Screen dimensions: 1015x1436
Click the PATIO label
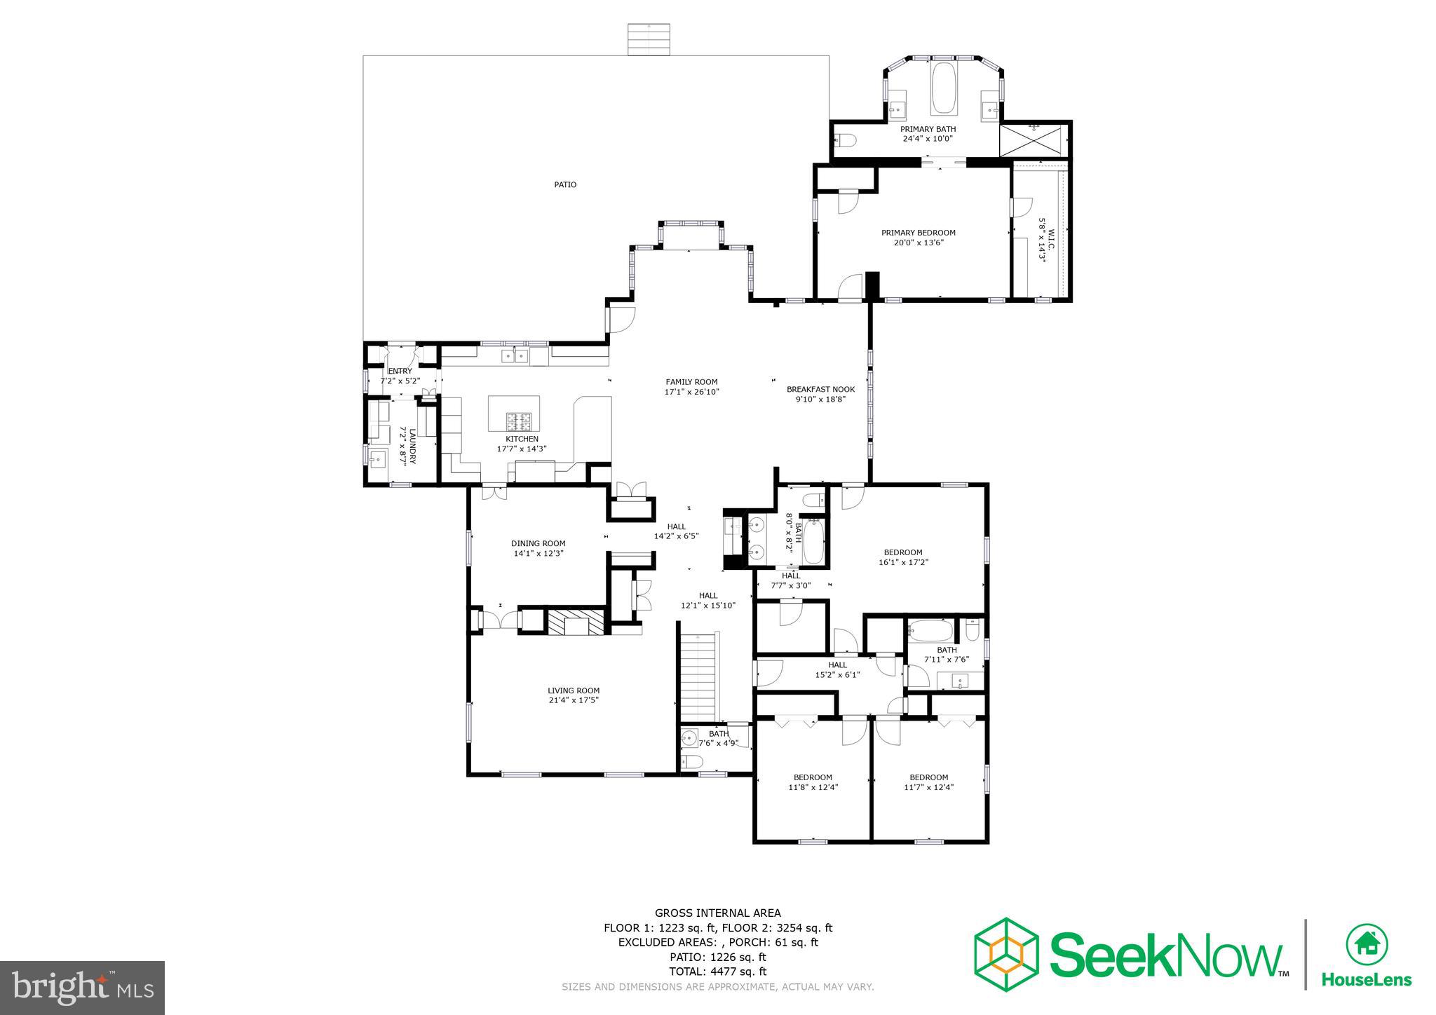[x=565, y=185]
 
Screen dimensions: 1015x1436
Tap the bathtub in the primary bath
[x=943, y=88]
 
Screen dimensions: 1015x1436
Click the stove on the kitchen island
[x=520, y=422]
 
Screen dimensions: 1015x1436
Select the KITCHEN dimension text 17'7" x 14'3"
[x=522, y=449]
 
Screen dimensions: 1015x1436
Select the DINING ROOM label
[x=538, y=543]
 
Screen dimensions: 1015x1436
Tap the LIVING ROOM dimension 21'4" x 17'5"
[x=573, y=700]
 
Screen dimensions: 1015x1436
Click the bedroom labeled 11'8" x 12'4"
[x=813, y=782]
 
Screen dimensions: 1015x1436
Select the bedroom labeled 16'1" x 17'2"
[x=903, y=557]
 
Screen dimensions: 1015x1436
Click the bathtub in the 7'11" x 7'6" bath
[x=930, y=632]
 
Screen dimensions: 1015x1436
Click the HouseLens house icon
[x=1367, y=945]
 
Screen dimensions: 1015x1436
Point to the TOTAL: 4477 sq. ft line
[x=717, y=972]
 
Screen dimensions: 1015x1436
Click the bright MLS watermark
[x=83, y=987]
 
